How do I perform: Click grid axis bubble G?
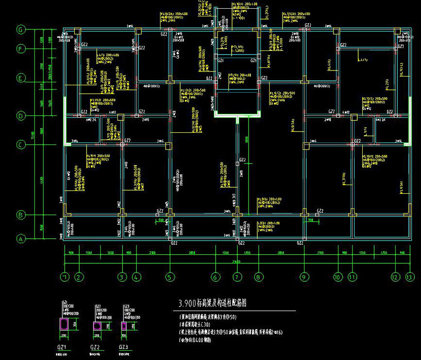point(21,29)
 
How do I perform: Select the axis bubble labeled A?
point(21,239)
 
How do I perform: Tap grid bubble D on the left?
point(21,116)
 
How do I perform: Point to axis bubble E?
point(21,78)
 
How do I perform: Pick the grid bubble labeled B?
point(21,214)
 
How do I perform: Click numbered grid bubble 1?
point(64,277)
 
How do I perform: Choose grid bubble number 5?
point(170,277)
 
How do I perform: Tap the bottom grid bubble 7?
point(237,277)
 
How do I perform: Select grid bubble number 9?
point(305,277)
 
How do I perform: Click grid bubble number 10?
point(338,277)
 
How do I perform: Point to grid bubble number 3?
point(121,277)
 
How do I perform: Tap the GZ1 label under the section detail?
point(65,347)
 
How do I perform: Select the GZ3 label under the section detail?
point(124,347)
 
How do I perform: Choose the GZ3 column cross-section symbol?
point(124,326)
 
